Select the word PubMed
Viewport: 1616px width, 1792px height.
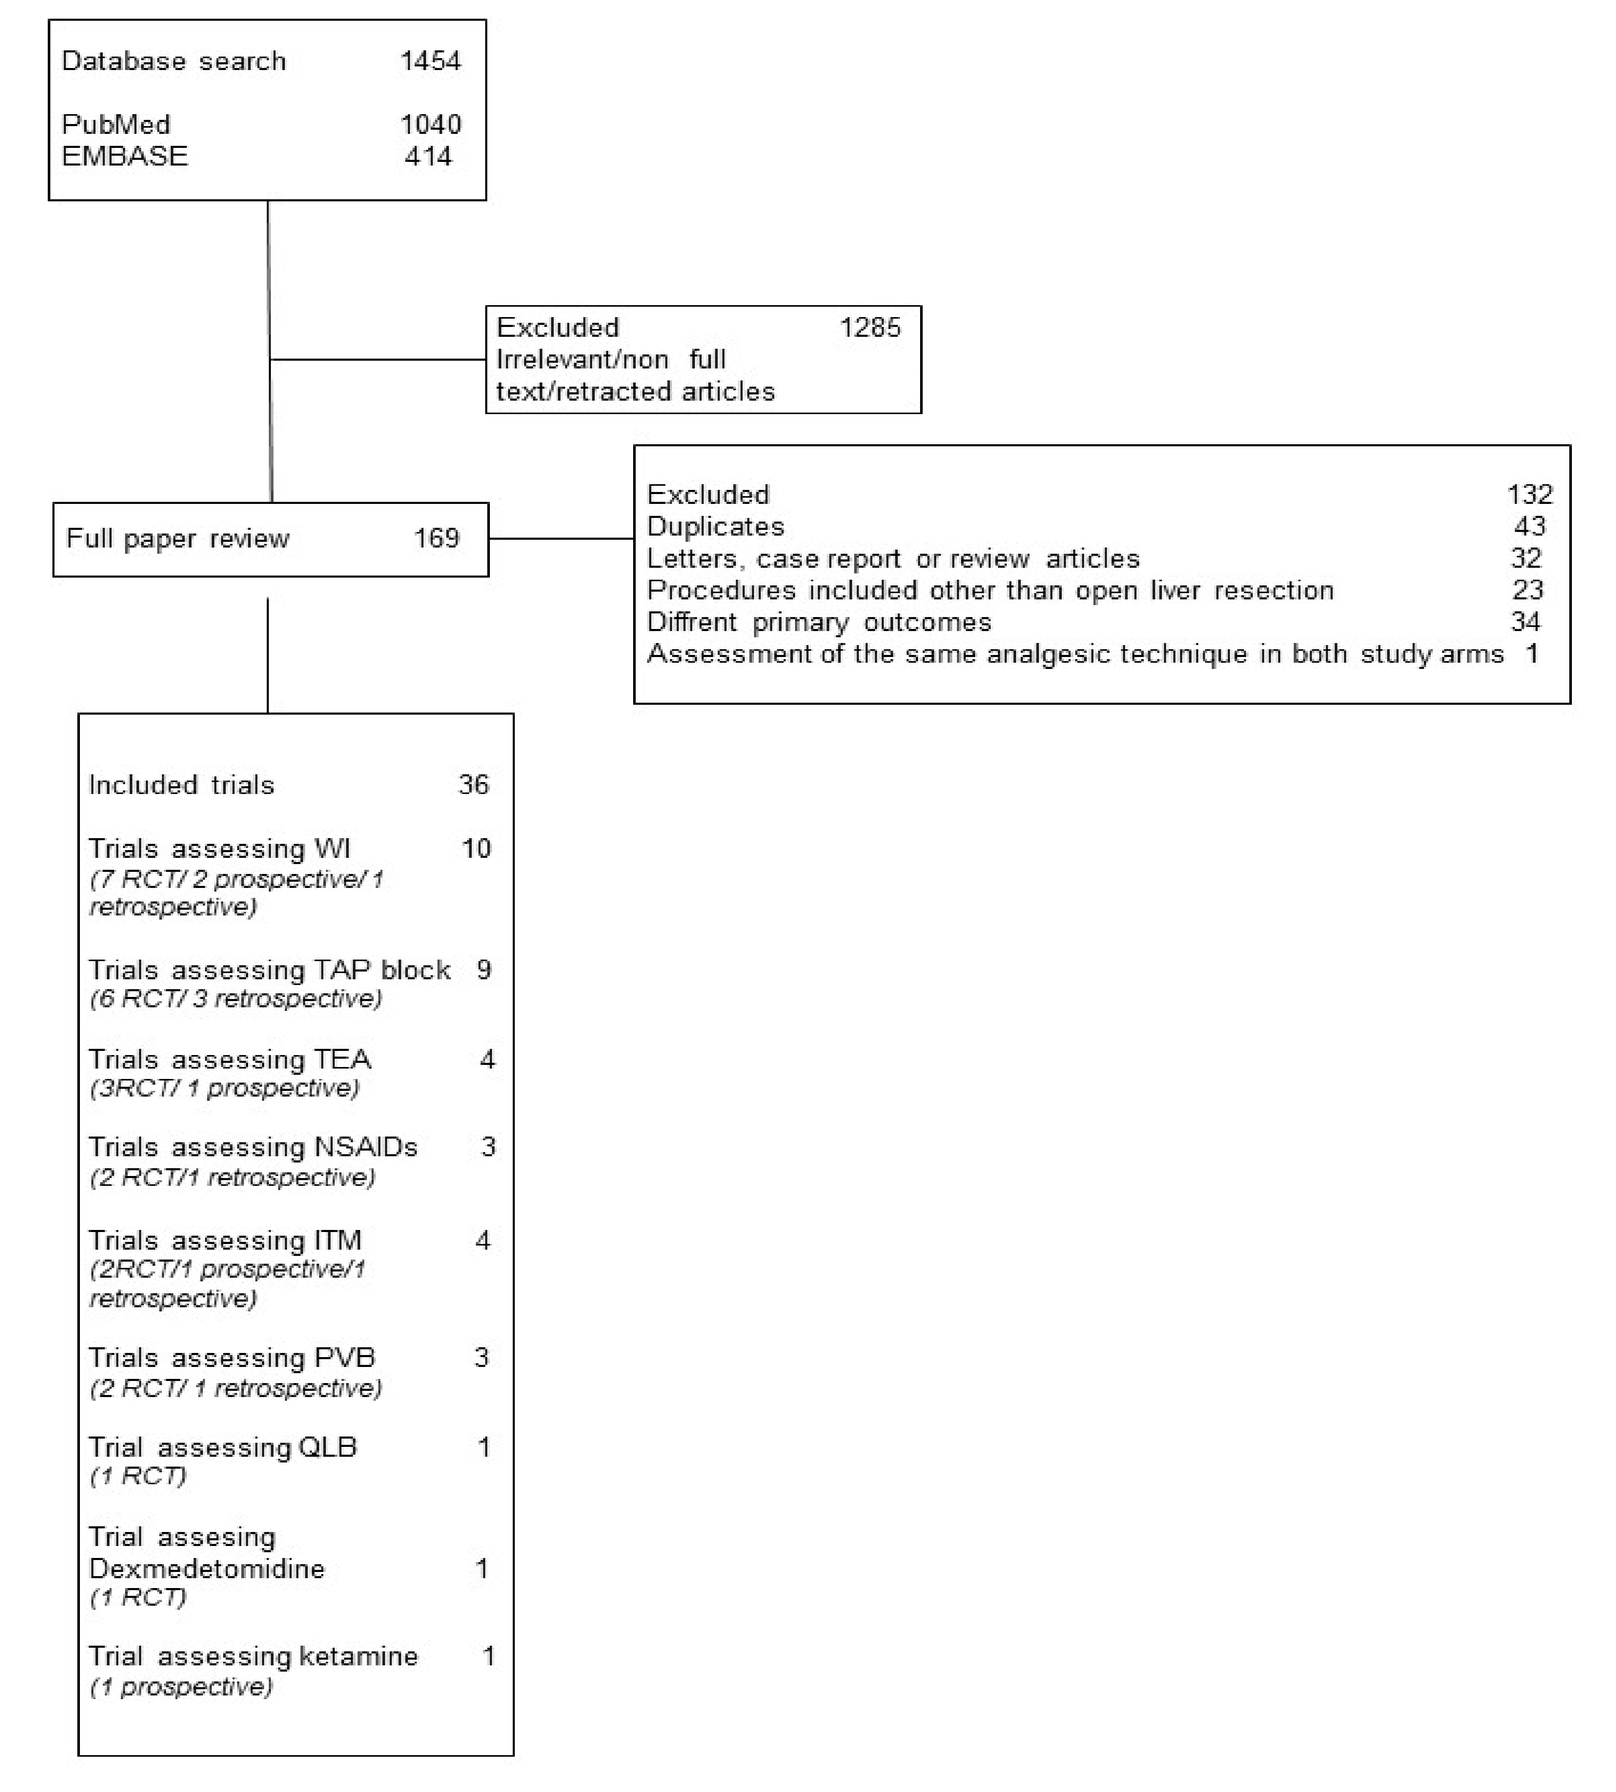pos(115,125)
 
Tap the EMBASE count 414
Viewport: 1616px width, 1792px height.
pos(428,156)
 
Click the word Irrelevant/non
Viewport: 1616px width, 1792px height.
pos(582,360)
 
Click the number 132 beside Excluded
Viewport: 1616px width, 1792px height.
pos(1529,495)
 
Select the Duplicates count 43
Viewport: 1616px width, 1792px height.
pos(1529,527)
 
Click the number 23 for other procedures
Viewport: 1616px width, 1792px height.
pos(1527,591)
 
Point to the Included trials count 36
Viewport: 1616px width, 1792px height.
pos(473,785)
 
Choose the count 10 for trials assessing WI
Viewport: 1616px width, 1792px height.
pos(476,849)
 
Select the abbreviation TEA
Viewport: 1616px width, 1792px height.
pos(343,1059)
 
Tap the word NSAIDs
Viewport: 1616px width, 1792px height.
pos(366,1147)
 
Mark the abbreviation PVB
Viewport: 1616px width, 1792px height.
pos(345,1358)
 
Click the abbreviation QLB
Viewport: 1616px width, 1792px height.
pos(327,1447)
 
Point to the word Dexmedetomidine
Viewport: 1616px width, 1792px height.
pos(207,1569)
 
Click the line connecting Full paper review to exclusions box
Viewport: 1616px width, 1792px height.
pos(560,538)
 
